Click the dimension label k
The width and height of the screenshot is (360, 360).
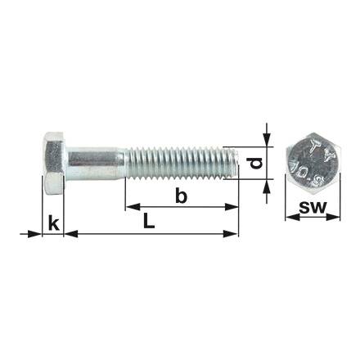[x=54, y=223]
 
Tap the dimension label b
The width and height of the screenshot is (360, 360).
[x=181, y=196]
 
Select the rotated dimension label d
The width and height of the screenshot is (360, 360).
[x=256, y=163]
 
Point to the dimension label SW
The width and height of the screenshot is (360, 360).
[x=313, y=207]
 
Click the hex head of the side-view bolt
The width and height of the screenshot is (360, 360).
[x=55, y=163]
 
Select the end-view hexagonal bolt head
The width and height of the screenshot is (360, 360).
[x=313, y=163]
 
